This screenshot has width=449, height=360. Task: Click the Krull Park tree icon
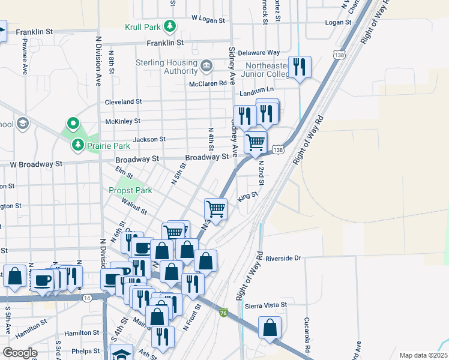pos(170,26)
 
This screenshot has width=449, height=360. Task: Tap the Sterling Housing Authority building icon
pos(206,64)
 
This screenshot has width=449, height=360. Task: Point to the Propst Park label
pos(130,190)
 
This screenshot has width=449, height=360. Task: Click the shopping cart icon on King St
pos(215,209)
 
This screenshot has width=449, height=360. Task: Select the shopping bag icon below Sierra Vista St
pos(270,328)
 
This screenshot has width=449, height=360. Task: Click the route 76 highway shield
pos(223,313)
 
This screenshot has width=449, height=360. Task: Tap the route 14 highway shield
pos(88,298)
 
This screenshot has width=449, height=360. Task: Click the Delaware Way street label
pos(259,53)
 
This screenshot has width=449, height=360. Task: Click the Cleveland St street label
pos(123,102)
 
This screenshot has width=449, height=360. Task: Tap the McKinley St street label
pos(122,121)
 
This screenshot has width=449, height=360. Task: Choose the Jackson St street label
pos(149,139)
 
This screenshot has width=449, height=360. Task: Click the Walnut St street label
pos(134,208)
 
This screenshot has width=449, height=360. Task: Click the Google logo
pos(19,353)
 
